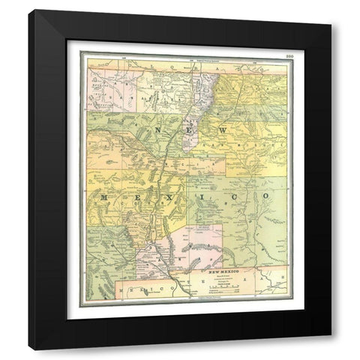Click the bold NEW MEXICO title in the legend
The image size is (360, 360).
[229, 268]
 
